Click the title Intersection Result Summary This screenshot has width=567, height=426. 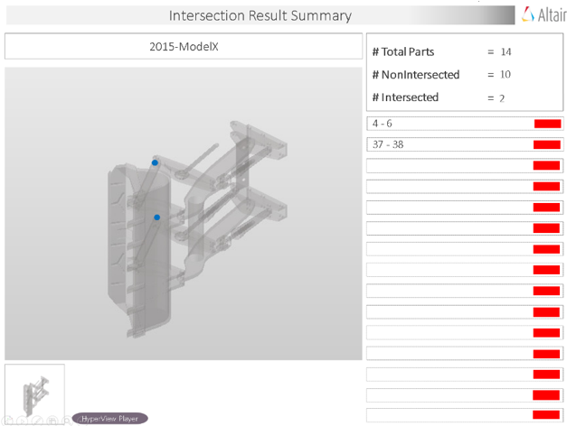pos(260,16)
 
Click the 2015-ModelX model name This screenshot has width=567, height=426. pos(184,47)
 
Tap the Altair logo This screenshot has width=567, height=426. pos(543,14)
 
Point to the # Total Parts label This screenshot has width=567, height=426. pos(403,52)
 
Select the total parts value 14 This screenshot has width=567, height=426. pos(506,52)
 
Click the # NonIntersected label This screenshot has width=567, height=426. pos(416,75)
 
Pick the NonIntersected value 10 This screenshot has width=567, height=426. pos(506,74)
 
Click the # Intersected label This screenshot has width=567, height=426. pos(405,97)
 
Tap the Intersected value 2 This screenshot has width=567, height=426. pos(502,98)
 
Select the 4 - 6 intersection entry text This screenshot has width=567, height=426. pos(383,124)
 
